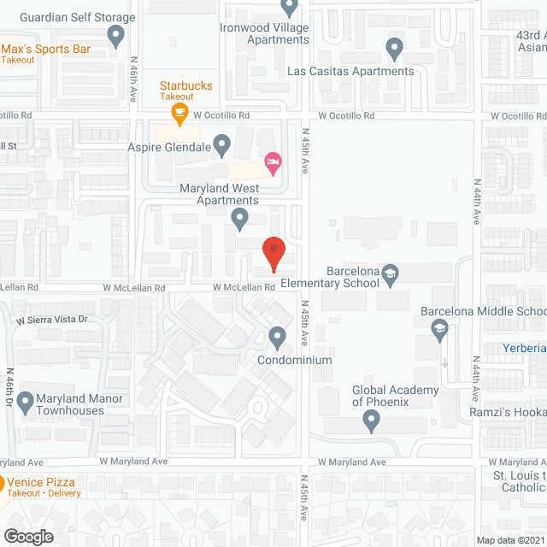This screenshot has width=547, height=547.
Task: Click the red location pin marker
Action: [x=273, y=252]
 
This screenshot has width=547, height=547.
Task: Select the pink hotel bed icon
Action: [x=273, y=162]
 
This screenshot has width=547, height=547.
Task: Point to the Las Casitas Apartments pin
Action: [x=394, y=49]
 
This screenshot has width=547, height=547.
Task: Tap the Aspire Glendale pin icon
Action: [x=221, y=144]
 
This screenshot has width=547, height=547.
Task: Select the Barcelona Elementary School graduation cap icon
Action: [x=391, y=273]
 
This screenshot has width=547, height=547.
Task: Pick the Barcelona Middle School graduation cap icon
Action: [x=439, y=329]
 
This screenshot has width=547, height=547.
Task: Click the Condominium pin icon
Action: [x=277, y=338]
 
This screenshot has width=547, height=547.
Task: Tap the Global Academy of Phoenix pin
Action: [x=371, y=420]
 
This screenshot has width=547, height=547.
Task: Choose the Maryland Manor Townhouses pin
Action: [x=26, y=399]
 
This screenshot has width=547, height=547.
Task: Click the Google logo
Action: [x=29, y=536]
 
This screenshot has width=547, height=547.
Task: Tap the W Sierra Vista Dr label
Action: [x=51, y=320]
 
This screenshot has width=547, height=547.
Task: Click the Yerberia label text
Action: [x=525, y=348]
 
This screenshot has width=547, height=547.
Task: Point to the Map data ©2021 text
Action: [x=509, y=540]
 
